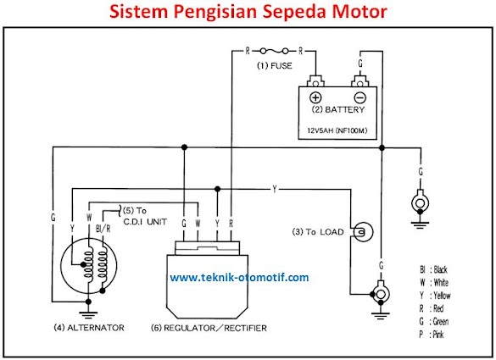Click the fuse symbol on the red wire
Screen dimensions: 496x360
[x=274, y=51]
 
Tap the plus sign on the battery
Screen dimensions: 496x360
[x=315, y=97]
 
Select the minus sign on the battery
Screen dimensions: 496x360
[x=360, y=97]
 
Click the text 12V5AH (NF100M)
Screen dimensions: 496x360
[x=337, y=130]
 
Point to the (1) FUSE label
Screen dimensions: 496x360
[x=274, y=66]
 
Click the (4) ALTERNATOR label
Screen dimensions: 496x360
[x=89, y=328]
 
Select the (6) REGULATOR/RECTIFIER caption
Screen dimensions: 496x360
[x=209, y=328]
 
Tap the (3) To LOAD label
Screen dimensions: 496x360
[x=318, y=232]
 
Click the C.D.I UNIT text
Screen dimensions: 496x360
[x=145, y=222]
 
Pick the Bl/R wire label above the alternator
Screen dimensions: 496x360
[x=103, y=229]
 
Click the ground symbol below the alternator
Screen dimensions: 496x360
[x=88, y=314]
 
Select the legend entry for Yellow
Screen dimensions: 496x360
[x=435, y=296]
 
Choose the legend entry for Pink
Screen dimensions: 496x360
[x=432, y=335]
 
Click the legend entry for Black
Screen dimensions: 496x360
[x=433, y=269]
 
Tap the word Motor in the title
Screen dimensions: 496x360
[x=359, y=11]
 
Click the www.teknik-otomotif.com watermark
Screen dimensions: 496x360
[x=239, y=278]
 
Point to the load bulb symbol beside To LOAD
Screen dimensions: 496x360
[x=363, y=232]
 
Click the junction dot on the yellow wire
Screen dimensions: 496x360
[x=217, y=189]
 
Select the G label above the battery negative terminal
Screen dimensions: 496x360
[x=360, y=64]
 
